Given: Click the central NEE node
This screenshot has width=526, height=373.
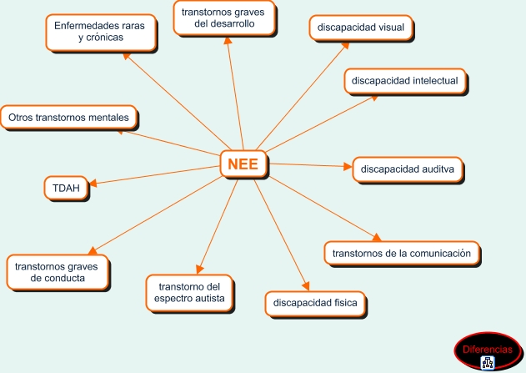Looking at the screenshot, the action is [x=243, y=164].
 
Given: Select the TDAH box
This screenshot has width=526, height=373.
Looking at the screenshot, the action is [x=66, y=188].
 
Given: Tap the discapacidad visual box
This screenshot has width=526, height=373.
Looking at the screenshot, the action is [x=361, y=28].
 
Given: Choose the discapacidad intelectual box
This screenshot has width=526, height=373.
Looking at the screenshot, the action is [x=405, y=81].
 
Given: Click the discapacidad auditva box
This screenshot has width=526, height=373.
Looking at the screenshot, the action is [x=408, y=169].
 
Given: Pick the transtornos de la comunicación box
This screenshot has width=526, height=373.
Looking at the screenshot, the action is [x=402, y=253].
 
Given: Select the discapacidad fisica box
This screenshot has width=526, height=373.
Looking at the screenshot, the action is [x=315, y=303].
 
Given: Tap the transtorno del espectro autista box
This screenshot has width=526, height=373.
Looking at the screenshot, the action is [x=189, y=293].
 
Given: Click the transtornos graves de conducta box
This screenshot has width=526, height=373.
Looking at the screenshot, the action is [x=58, y=272].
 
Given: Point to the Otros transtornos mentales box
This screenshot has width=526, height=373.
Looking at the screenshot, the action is [x=68, y=118].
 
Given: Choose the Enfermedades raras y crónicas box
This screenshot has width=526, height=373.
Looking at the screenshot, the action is [x=101, y=32].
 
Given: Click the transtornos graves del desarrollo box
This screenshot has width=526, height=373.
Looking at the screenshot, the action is [x=223, y=18].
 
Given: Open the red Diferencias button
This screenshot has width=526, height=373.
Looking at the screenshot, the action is [x=488, y=350].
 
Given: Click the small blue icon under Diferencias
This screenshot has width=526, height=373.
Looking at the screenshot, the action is [x=488, y=363].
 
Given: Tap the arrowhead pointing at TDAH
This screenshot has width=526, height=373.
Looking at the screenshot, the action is [x=93, y=183].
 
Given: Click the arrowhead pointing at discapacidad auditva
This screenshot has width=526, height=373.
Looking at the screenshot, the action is [x=348, y=166].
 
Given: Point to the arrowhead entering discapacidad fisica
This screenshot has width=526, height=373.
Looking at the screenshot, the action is [x=306, y=286].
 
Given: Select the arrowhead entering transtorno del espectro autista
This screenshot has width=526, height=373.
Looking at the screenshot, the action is [x=199, y=270].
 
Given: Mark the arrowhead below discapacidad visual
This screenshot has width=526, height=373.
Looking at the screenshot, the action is [x=345, y=46].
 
